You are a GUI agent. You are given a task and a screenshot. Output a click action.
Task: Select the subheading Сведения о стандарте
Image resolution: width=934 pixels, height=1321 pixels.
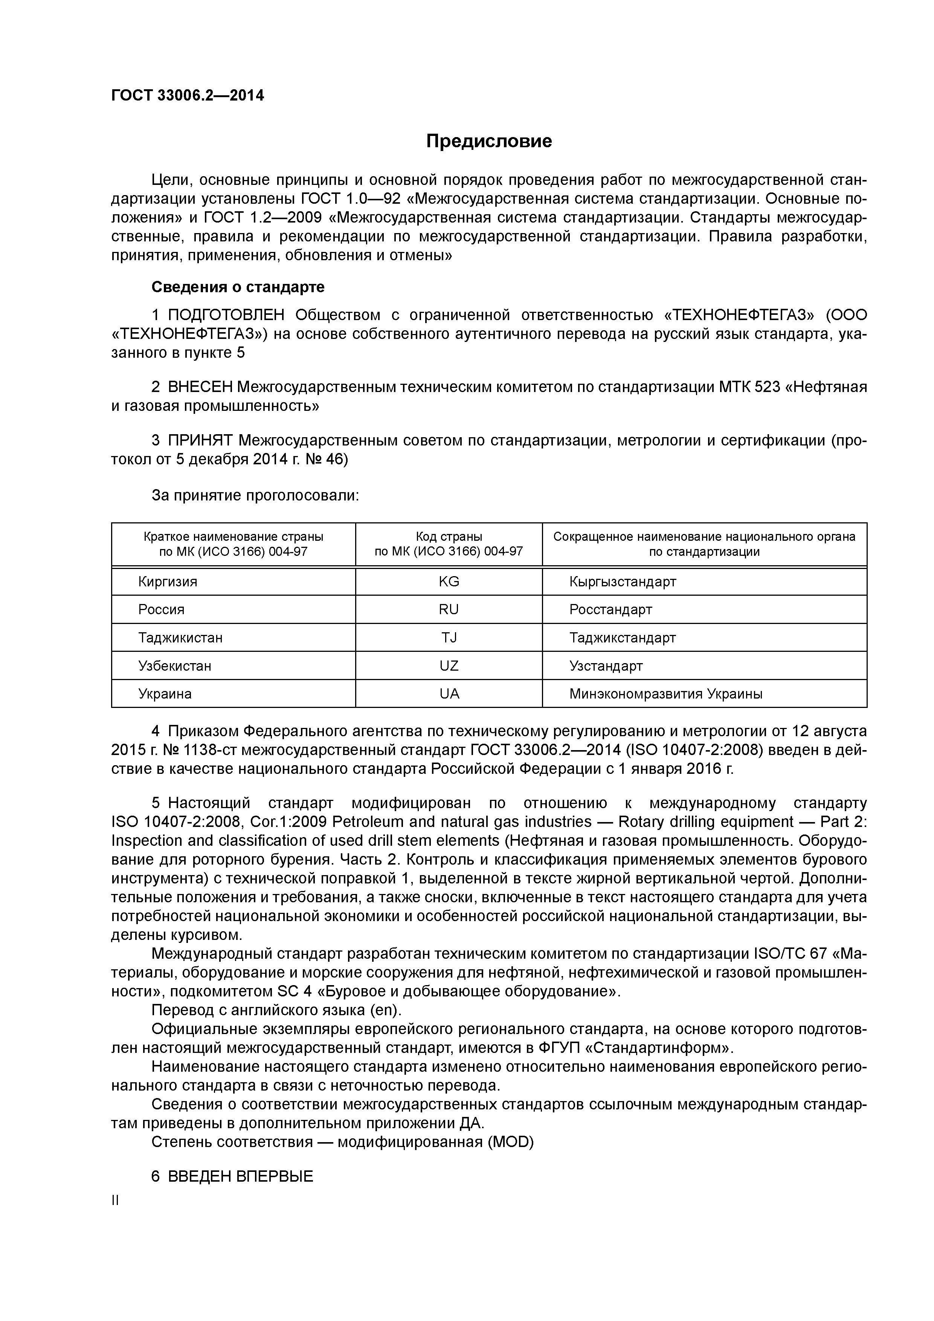point(238,287)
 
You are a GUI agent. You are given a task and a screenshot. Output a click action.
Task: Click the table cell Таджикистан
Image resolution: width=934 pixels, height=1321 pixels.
point(180,638)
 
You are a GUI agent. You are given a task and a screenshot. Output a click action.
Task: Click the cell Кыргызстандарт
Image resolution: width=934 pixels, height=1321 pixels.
point(622,582)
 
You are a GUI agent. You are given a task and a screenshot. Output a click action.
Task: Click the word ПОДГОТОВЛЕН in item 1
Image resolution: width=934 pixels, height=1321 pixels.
point(226,315)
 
